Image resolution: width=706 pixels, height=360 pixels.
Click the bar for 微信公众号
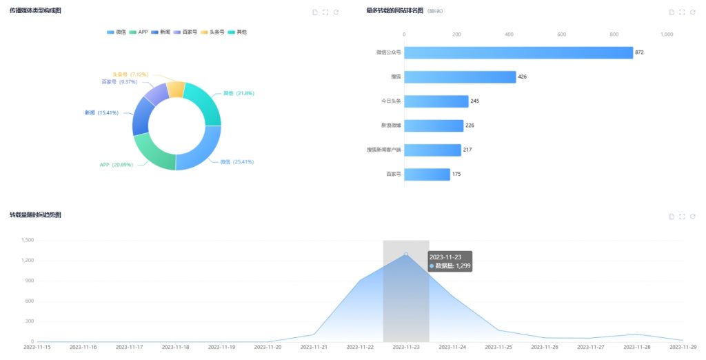(x=518, y=52)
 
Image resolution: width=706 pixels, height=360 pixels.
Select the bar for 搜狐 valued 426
(x=460, y=77)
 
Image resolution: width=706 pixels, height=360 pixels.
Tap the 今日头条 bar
(x=436, y=101)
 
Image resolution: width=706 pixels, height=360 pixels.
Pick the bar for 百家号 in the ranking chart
(x=427, y=174)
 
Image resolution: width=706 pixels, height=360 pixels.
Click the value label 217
(x=468, y=150)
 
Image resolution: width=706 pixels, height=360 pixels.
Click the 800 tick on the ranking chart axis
(x=614, y=34)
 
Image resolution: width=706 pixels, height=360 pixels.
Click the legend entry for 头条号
(x=221, y=32)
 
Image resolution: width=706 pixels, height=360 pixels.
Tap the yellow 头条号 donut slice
(x=175, y=89)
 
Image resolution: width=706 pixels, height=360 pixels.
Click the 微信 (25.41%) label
(x=236, y=161)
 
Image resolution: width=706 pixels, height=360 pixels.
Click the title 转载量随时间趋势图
(x=35, y=215)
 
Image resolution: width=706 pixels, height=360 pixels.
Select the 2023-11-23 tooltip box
(x=450, y=261)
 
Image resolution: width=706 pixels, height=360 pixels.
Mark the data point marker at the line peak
(x=406, y=254)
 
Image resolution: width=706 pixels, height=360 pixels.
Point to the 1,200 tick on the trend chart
(x=28, y=260)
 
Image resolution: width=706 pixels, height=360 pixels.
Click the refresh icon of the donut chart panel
(x=336, y=12)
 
